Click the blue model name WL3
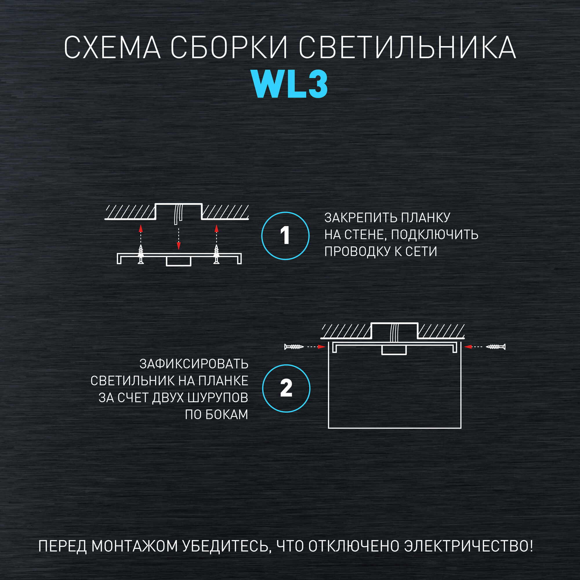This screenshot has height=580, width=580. click(x=289, y=85)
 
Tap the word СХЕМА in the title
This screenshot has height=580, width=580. click(x=112, y=48)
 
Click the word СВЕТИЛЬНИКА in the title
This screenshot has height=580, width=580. click(x=407, y=48)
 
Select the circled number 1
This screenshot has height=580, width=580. click(x=285, y=236)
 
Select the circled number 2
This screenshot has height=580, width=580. click(x=286, y=388)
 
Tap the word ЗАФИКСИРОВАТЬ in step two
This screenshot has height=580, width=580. click(x=194, y=364)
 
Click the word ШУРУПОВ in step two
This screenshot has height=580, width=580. click(x=218, y=398)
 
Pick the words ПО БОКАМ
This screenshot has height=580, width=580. click(x=216, y=415)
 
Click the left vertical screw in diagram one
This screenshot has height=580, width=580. click(x=140, y=254)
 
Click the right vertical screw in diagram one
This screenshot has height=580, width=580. click(x=216, y=254)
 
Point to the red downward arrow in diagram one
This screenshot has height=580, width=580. click(x=179, y=246)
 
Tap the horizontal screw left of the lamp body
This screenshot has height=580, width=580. click(x=294, y=347)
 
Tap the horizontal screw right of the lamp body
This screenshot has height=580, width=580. click(x=496, y=347)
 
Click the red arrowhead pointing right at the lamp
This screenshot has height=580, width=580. click(x=321, y=347)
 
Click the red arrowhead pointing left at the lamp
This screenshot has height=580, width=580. click(x=468, y=347)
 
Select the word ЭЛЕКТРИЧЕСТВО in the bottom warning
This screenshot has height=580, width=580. click(x=468, y=546)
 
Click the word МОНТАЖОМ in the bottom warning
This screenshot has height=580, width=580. click(x=135, y=546)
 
